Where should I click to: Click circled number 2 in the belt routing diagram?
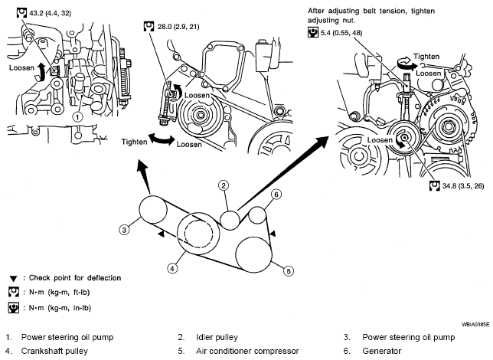pyautogui.click(x=224, y=185)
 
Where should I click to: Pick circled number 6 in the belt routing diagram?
pyautogui.click(x=276, y=195)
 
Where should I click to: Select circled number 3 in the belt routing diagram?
pyautogui.click(x=124, y=230)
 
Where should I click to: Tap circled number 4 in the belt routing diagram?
pyautogui.click(x=172, y=268)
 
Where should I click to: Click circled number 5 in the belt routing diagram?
pyautogui.click(x=289, y=271)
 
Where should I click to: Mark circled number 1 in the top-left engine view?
pyautogui.click(x=77, y=117)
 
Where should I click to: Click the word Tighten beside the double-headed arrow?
pyautogui.click(x=134, y=142)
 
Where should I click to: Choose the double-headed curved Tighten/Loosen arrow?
pyautogui.click(x=162, y=139)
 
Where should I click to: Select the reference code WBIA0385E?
pyautogui.click(x=475, y=324)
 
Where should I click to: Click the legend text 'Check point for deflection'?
pyautogui.click(x=75, y=278)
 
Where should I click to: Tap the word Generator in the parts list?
pyautogui.click(x=382, y=351)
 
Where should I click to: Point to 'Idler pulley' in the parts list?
pyautogui.click(x=217, y=337)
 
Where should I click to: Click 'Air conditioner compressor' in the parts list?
pyautogui.click(x=247, y=351)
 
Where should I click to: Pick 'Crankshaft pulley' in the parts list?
pyautogui.click(x=54, y=351)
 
